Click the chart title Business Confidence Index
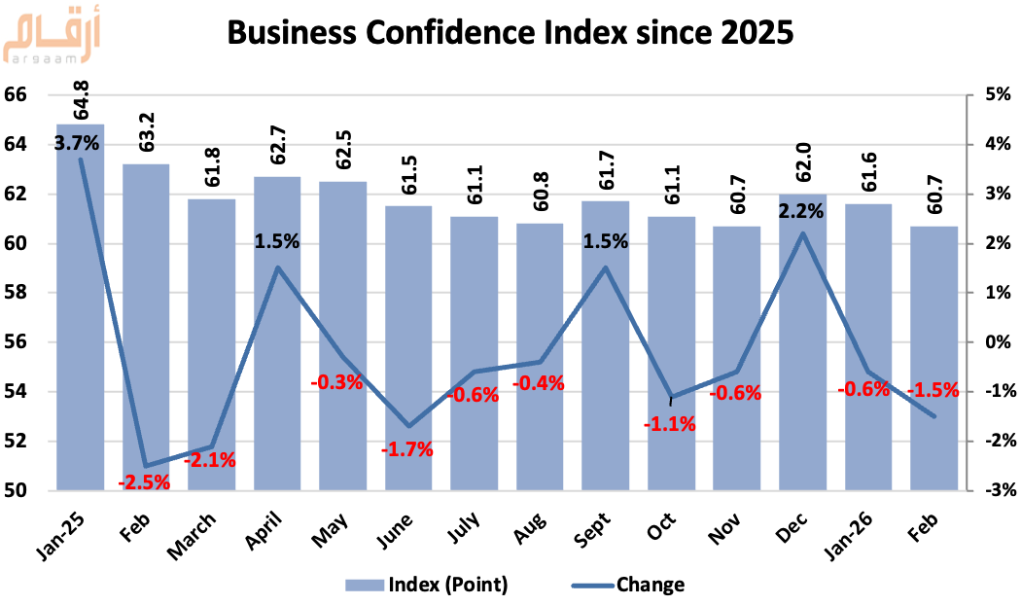(x=510, y=34)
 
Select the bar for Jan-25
(x=81, y=311)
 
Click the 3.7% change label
(x=77, y=144)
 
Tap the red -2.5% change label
(x=144, y=480)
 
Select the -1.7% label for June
(x=407, y=449)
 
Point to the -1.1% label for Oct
(x=670, y=423)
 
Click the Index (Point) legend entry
(x=428, y=585)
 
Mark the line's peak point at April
(x=278, y=267)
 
